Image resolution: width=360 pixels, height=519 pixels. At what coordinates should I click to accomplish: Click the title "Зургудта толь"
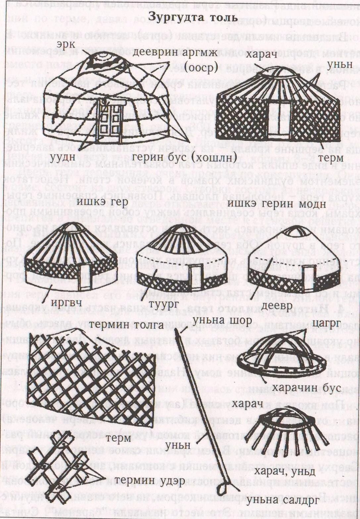(x=192, y=17)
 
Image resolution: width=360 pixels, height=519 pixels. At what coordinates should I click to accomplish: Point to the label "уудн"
(x=62, y=157)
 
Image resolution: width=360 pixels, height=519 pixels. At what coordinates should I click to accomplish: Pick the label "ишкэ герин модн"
(x=277, y=204)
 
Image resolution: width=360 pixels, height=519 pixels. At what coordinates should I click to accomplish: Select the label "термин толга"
(x=127, y=325)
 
